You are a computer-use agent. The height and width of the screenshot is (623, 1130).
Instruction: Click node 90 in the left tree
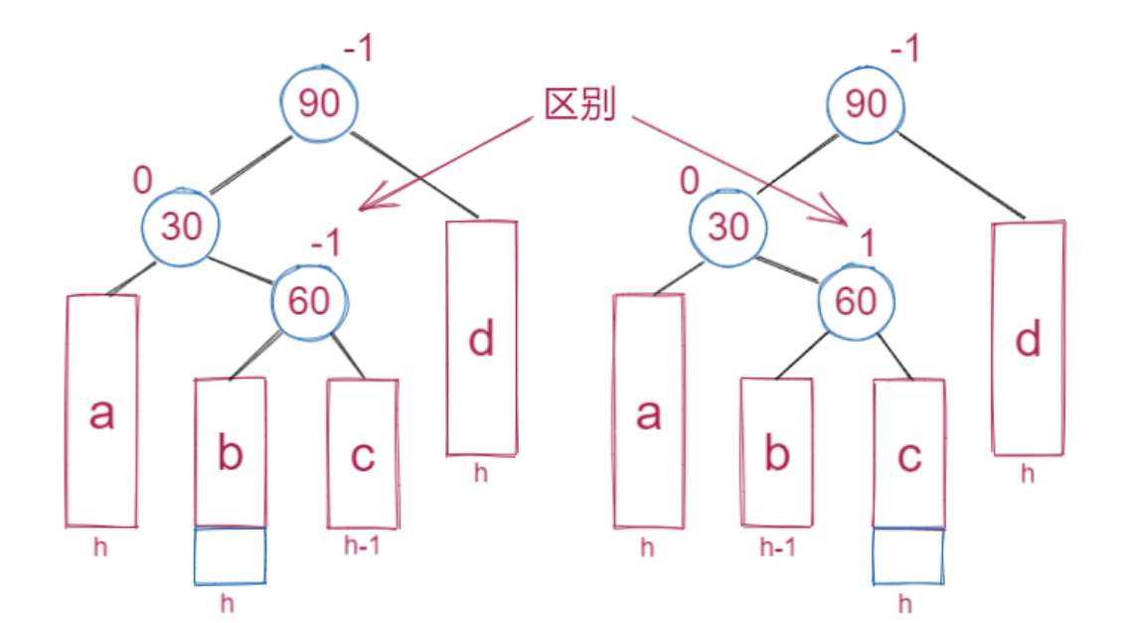(318, 103)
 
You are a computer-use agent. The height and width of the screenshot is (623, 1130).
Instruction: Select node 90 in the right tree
(866, 103)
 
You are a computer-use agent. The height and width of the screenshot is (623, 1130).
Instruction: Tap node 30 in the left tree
(181, 227)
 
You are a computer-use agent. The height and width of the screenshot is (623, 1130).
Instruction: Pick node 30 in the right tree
(728, 227)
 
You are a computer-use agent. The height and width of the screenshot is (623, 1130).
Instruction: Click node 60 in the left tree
(308, 300)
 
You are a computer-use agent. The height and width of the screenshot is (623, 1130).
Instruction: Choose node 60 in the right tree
(856, 300)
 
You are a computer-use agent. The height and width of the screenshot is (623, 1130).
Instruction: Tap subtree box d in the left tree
(481, 338)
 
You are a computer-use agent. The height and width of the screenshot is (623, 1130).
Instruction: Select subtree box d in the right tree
(1029, 338)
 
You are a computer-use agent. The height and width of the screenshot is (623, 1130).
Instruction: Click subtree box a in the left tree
(101, 410)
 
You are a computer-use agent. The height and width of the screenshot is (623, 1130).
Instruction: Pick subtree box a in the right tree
(648, 410)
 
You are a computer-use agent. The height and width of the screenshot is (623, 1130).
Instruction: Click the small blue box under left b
(230, 555)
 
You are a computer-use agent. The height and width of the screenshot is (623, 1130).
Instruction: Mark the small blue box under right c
(906, 556)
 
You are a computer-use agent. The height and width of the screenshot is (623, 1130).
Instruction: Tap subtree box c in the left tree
(363, 453)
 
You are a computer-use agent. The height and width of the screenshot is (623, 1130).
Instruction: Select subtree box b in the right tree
(776, 453)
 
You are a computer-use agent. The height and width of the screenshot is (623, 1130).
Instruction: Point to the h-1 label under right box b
(776, 546)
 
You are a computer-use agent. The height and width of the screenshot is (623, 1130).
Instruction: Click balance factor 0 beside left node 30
(143, 181)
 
